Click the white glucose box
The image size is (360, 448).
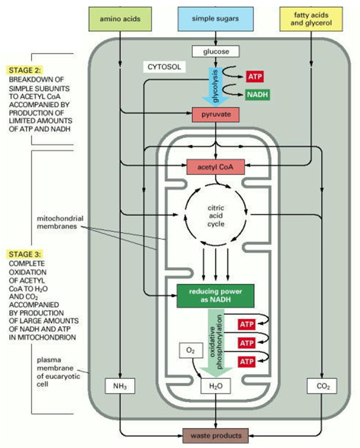tap(216, 51)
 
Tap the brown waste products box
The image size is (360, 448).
tap(216, 435)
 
